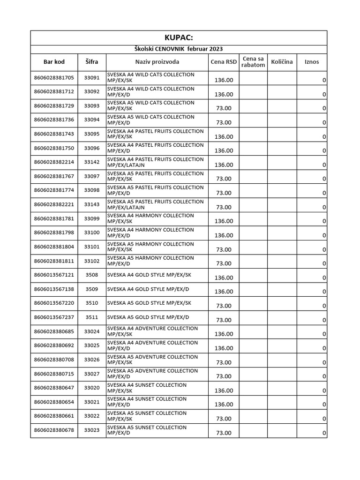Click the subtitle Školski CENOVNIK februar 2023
(179, 49)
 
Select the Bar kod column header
(54, 61)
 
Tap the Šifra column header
(92, 61)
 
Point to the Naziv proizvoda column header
(157, 61)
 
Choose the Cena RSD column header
(224, 61)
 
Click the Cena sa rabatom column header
(253, 61)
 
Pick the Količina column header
(282, 61)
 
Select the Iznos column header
(312, 61)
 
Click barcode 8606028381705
(54, 78)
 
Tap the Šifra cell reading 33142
(92, 162)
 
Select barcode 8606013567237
(54, 317)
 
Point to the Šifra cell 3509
(92, 289)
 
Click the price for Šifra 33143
(224, 207)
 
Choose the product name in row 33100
(150, 232)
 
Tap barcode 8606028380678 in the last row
(54, 430)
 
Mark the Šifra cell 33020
(92, 388)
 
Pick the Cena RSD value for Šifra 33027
(224, 376)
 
